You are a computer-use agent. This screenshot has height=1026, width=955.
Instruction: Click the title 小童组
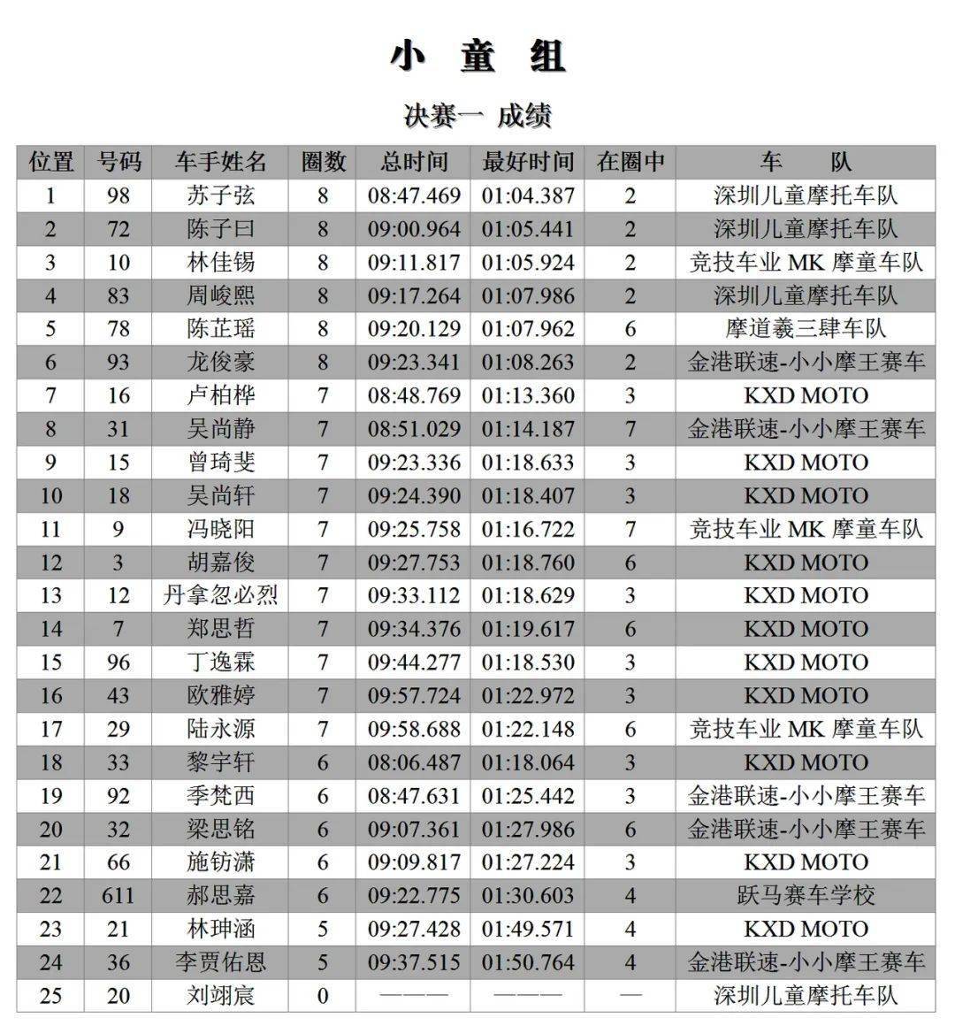coord(477,57)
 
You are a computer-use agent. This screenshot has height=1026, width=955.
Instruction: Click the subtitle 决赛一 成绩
coord(477,116)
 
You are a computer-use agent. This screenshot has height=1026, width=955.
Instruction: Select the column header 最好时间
coord(528,163)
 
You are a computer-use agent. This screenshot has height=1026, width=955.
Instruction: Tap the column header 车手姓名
coord(221,163)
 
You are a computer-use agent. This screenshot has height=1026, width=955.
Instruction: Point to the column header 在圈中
coord(630,163)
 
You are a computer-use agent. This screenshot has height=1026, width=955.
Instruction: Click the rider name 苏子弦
coord(221,195)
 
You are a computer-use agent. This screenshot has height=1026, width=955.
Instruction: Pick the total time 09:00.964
coord(414,229)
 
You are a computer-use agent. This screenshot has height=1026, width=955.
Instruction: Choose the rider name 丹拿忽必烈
coord(221,595)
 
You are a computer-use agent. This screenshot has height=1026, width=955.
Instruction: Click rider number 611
coord(118,895)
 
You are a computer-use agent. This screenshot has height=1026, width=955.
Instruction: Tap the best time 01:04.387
coord(528,195)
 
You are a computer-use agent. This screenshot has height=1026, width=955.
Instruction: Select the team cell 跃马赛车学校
coord(806,895)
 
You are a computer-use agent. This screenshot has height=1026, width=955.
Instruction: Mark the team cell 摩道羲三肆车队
coord(806,329)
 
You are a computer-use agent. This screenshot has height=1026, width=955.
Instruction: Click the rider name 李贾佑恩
coord(221,962)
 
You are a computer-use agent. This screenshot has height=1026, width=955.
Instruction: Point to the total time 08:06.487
coord(414,762)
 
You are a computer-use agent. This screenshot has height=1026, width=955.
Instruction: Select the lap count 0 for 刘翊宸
coord(323,996)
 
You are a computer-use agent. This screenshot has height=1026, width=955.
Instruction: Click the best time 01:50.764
coord(528,962)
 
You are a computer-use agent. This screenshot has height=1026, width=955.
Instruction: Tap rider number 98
coord(118,195)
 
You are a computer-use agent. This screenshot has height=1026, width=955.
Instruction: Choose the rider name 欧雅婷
coord(221,695)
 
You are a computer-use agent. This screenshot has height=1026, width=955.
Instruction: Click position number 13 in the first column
coord(50,595)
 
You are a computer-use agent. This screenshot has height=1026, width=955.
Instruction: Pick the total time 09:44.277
coord(414,662)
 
